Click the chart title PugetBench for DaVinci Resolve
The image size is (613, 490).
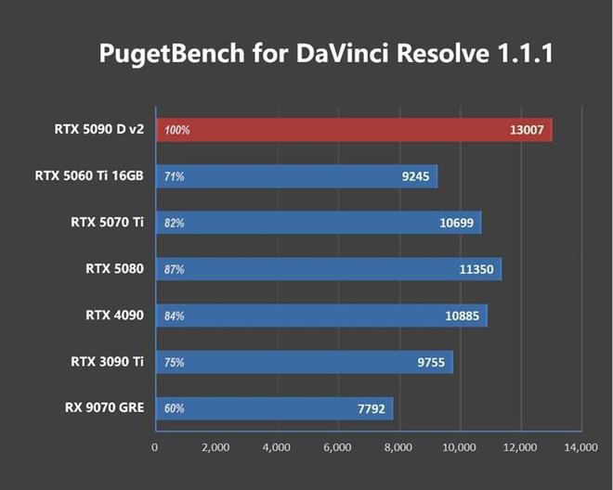tap(326, 55)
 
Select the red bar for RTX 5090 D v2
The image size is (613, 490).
tap(353, 130)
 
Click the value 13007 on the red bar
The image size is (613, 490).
tap(528, 130)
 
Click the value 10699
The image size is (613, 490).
tap(458, 223)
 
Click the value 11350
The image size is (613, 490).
tap(478, 269)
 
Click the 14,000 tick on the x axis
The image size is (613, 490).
tap(581, 447)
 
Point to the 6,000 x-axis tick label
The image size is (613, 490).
tap(337, 447)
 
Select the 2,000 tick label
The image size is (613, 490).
tap(215, 447)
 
